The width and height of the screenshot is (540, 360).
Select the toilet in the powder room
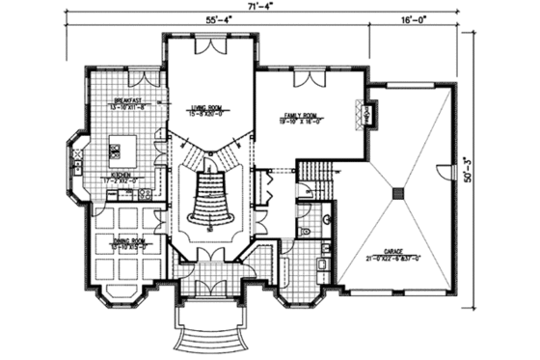pyautogui.click(x=305, y=232)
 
